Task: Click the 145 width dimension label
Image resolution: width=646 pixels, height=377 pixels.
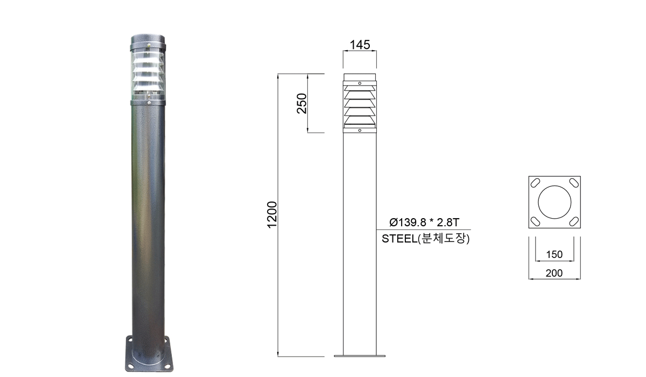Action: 360,45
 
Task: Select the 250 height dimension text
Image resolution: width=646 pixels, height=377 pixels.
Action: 302,103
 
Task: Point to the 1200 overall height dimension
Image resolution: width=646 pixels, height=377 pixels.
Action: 272,214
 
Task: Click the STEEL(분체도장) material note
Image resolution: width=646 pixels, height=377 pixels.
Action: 426,239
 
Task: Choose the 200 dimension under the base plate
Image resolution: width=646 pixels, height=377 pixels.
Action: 554,273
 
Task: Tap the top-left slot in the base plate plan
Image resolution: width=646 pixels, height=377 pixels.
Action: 535,182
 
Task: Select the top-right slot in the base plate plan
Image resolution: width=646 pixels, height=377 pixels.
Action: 573,182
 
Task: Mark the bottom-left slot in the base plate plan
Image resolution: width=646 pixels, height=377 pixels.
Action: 535,221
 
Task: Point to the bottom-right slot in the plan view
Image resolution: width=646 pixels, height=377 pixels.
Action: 573,221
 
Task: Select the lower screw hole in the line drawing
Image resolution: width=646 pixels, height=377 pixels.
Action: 360,130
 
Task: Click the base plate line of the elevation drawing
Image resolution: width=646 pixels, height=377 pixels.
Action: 360,356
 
